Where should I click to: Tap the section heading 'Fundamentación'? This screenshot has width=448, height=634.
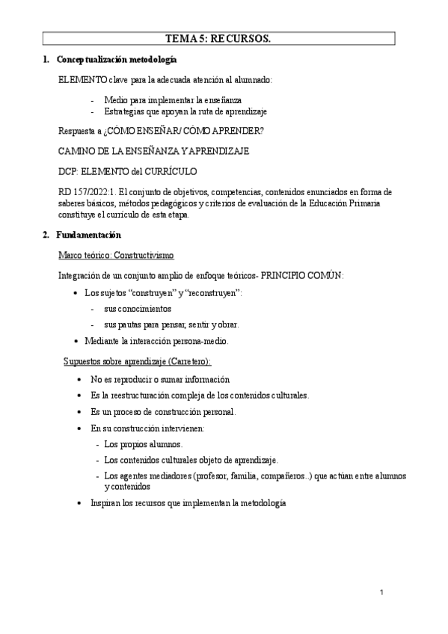point(94,236)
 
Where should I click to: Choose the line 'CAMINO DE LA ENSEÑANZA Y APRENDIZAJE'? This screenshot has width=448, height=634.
point(153,151)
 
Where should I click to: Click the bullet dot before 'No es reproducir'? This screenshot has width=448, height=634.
point(80,379)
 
